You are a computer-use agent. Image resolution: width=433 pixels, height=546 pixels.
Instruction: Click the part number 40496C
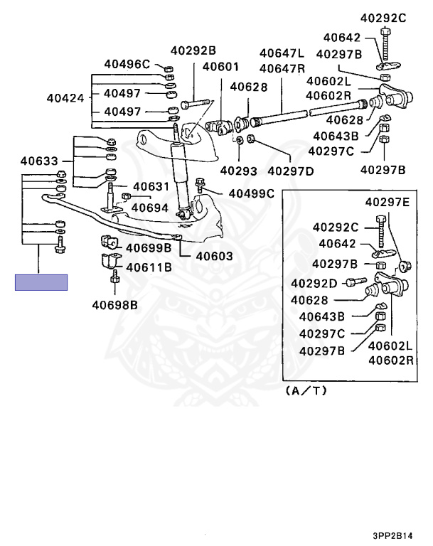127,65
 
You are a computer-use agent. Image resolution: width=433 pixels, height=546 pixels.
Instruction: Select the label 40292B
193,50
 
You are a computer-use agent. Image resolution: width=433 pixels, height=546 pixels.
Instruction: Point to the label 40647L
282,53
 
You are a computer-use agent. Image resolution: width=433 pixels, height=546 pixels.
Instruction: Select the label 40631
151,187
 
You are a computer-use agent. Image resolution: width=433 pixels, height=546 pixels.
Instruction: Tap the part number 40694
150,208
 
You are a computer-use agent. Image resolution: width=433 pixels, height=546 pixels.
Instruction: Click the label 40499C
251,193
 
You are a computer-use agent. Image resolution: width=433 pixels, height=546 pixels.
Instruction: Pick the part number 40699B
149,248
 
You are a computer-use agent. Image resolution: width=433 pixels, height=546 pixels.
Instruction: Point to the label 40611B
149,268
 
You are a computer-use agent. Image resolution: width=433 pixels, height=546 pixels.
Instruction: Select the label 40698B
114,306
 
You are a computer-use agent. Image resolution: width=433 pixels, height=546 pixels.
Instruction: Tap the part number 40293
237,170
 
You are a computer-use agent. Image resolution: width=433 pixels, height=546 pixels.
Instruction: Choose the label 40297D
290,170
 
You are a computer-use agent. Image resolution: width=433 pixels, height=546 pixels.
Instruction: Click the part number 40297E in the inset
387,202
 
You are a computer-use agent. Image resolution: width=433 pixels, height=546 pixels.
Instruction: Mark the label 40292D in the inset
313,283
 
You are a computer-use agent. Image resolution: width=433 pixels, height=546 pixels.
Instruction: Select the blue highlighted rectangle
41,282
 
